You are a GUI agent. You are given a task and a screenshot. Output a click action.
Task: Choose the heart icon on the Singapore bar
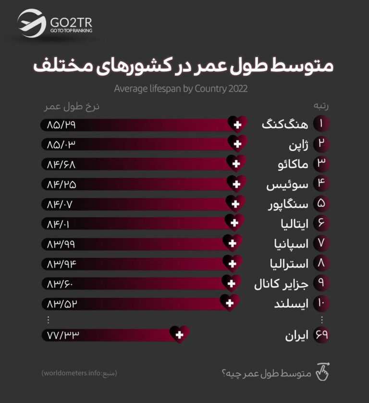point(235,204)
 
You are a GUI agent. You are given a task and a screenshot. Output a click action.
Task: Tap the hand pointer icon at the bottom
point(324,372)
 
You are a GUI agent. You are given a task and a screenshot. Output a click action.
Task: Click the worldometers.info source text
point(79,373)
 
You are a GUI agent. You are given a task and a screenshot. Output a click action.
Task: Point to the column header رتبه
point(321,106)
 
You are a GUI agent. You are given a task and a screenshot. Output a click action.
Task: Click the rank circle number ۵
point(321,204)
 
